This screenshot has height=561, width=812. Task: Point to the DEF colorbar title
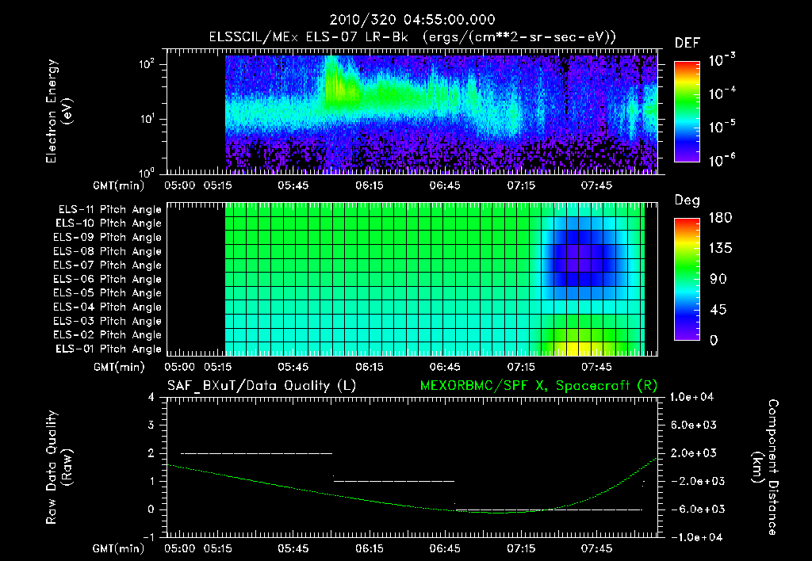[x=686, y=44]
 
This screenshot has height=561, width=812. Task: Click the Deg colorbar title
[x=686, y=200]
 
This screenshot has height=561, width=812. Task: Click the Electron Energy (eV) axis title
[x=59, y=113]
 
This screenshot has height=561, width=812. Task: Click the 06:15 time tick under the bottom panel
[x=370, y=548]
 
